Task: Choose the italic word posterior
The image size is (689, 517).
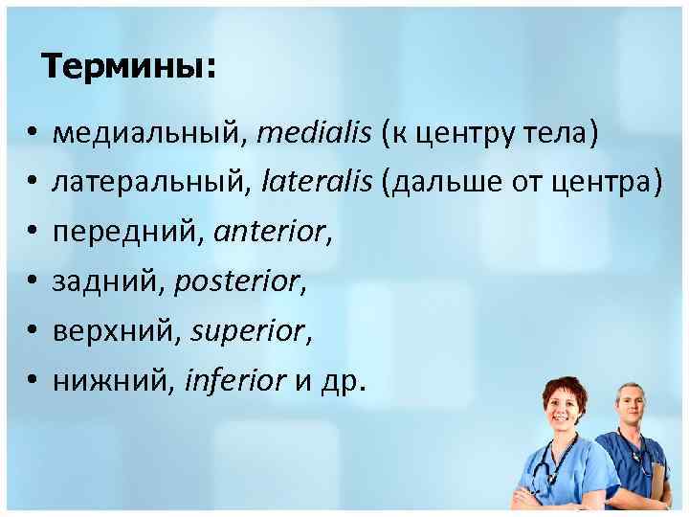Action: click(248, 282)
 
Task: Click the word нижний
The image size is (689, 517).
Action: click(102, 381)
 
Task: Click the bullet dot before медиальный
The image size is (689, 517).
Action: click(32, 134)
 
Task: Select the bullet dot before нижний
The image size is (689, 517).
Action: click(32, 381)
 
